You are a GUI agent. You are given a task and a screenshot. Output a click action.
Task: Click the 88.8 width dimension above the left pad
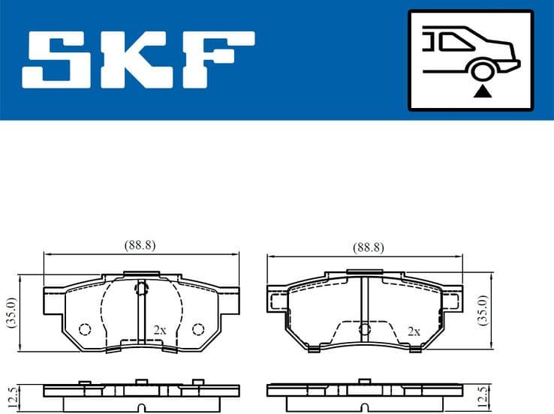tap(140, 246)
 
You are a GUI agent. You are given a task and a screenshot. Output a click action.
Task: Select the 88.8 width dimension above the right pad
tap(368, 247)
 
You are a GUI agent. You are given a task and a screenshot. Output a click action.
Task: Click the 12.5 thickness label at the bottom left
tap(11, 394)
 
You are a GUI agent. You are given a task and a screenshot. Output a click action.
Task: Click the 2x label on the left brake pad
tap(159, 329)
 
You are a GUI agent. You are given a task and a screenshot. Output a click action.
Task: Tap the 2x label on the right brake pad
tap(413, 330)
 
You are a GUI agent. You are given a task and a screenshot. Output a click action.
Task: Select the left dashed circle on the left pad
tap(84, 329)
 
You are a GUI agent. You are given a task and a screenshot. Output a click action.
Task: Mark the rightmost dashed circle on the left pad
tap(197, 329)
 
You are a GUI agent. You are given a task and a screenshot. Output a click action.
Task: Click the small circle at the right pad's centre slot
tap(365, 328)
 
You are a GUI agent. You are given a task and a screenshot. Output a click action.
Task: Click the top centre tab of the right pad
tap(365, 275)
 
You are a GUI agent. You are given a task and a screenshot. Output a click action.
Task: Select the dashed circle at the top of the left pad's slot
tap(140, 288)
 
